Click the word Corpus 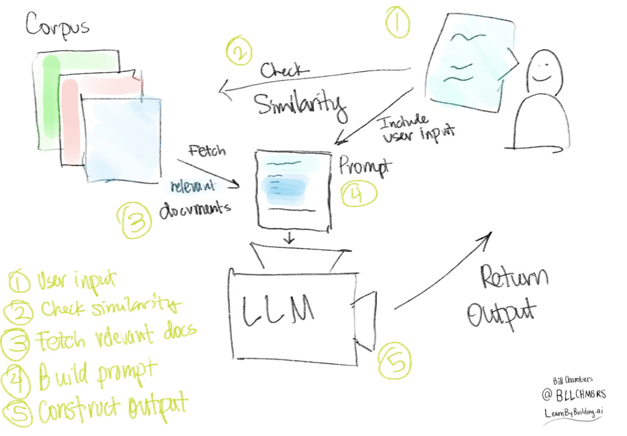click(x=57, y=26)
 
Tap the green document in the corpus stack click(x=48, y=100)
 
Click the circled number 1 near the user click(x=397, y=22)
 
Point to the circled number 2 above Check click(x=239, y=51)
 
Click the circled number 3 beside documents click(x=135, y=220)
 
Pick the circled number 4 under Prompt click(x=358, y=194)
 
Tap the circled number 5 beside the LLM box click(x=394, y=361)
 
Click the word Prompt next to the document click(x=365, y=166)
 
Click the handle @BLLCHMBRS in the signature click(x=574, y=394)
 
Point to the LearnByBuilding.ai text click(x=574, y=412)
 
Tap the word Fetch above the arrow click(x=207, y=151)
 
